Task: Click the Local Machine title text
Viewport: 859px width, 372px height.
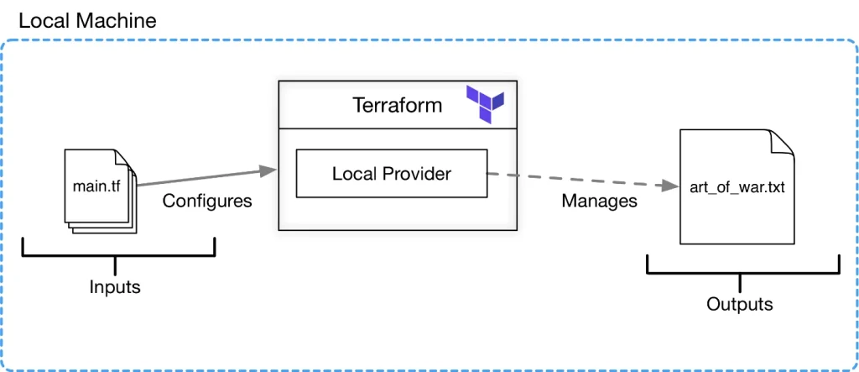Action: pos(87,20)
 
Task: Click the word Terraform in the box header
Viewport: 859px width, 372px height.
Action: pos(398,106)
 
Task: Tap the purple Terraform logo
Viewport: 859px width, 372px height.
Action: pos(486,103)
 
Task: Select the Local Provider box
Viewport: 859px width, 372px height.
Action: pos(391,174)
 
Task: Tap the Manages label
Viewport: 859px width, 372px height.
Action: pos(599,202)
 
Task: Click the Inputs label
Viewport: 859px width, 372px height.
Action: pos(115,287)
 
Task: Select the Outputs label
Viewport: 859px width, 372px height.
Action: pos(739,304)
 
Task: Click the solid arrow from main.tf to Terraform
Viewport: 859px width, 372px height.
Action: pos(201,177)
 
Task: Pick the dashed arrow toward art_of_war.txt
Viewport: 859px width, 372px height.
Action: pos(579,180)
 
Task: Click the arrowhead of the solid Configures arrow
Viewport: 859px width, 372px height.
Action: pos(268,171)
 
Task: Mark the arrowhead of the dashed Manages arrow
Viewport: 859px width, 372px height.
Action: pos(669,186)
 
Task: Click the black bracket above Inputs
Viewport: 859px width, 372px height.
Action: pos(117,254)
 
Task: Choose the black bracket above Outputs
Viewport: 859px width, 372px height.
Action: pos(742,272)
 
